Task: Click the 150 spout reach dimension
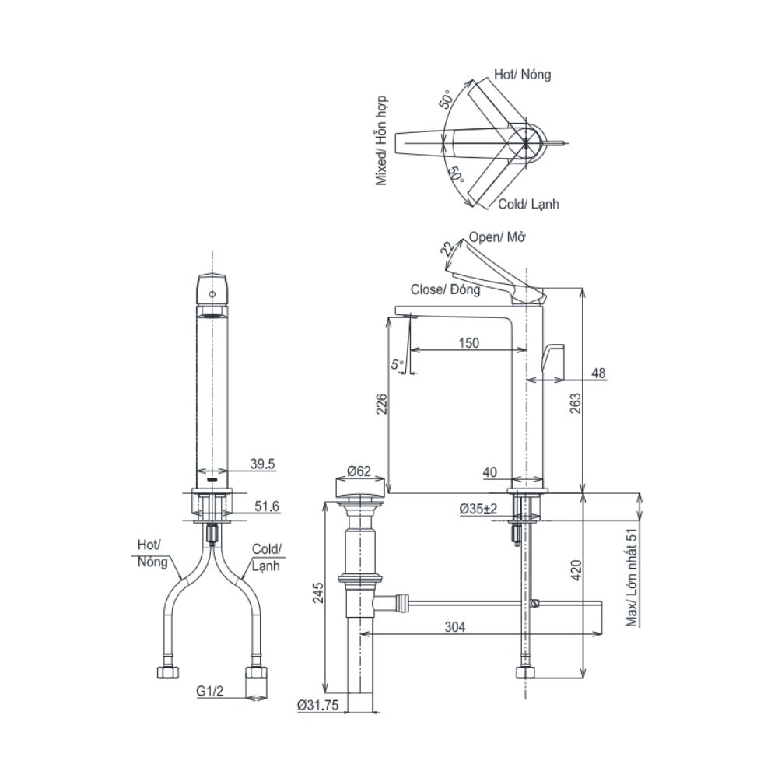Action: pos(469,343)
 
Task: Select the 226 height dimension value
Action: pos(380,405)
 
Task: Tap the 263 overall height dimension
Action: pos(575,404)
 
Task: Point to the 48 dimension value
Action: pos(599,373)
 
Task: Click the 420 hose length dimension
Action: pos(576,571)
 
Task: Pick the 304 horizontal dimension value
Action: pos(455,627)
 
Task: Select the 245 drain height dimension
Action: pos(317,593)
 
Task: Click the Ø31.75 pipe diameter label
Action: pos(318,705)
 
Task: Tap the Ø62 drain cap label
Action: pos(359,471)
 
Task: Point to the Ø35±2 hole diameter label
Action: pos(478,509)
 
